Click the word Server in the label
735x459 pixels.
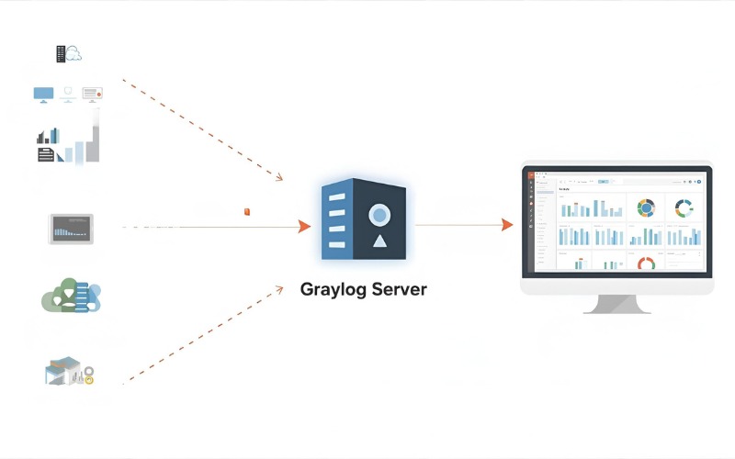coord(398,289)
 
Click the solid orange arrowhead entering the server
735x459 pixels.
coord(305,226)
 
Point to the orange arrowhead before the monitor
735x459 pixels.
coord(507,225)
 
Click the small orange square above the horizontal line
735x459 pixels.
coord(247,212)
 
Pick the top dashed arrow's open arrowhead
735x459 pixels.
coord(277,175)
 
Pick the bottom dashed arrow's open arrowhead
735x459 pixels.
coord(277,289)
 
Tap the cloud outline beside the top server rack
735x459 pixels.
coord(74,55)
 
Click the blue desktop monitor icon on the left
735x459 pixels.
coord(43,94)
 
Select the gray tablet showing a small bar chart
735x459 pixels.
coord(71,229)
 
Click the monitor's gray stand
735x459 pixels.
coord(616,304)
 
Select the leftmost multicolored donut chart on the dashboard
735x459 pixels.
coord(646,207)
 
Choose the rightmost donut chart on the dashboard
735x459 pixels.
coord(683,207)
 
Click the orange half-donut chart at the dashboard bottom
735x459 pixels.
coord(646,264)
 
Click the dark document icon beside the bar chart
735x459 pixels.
coord(46,154)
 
